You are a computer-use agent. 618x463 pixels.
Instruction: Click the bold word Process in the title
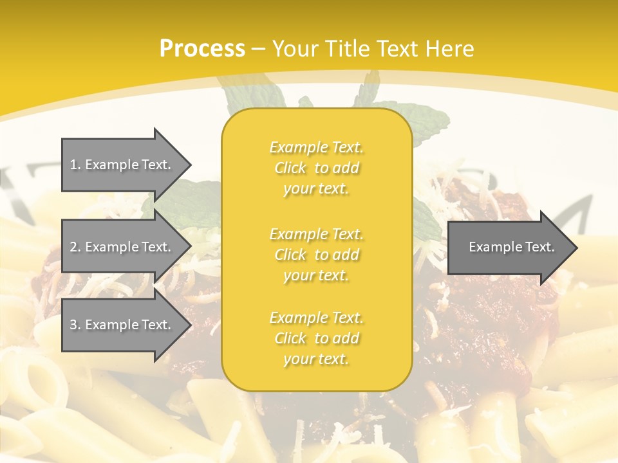click(202, 49)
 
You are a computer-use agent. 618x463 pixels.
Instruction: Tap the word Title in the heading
click(345, 49)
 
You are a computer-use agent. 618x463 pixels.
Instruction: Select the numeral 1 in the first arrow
click(73, 165)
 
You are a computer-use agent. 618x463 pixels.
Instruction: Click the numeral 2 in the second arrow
click(73, 247)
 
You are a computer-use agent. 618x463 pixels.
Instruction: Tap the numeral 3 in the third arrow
click(73, 325)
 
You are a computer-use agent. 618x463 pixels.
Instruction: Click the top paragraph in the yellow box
click(316, 168)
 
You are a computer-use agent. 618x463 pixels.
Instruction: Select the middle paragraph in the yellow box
click(316, 255)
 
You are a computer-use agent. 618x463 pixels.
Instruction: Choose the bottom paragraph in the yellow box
click(316, 338)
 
